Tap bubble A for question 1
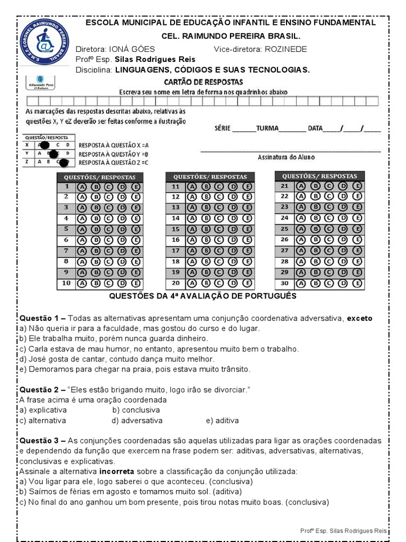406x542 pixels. pyautogui.click(x=82, y=186)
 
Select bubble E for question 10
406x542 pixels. pyautogui.click(x=135, y=284)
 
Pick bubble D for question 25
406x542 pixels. pyautogui.click(x=343, y=229)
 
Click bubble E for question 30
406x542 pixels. pyautogui.click(x=357, y=283)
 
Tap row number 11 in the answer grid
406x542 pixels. pyautogui.click(x=176, y=186)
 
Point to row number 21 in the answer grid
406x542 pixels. pyautogui.click(x=284, y=186)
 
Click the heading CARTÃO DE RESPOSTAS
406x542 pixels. pyautogui.click(x=204, y=82)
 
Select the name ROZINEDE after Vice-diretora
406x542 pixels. pyautogui.click(x=286, y=49)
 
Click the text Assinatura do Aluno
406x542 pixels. pyautogui.click(x=286, y=157)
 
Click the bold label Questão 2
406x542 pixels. pyautogui.click(x=39, y=390)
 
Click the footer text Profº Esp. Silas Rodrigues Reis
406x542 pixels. pyautogui.click(x=343, y=530)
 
